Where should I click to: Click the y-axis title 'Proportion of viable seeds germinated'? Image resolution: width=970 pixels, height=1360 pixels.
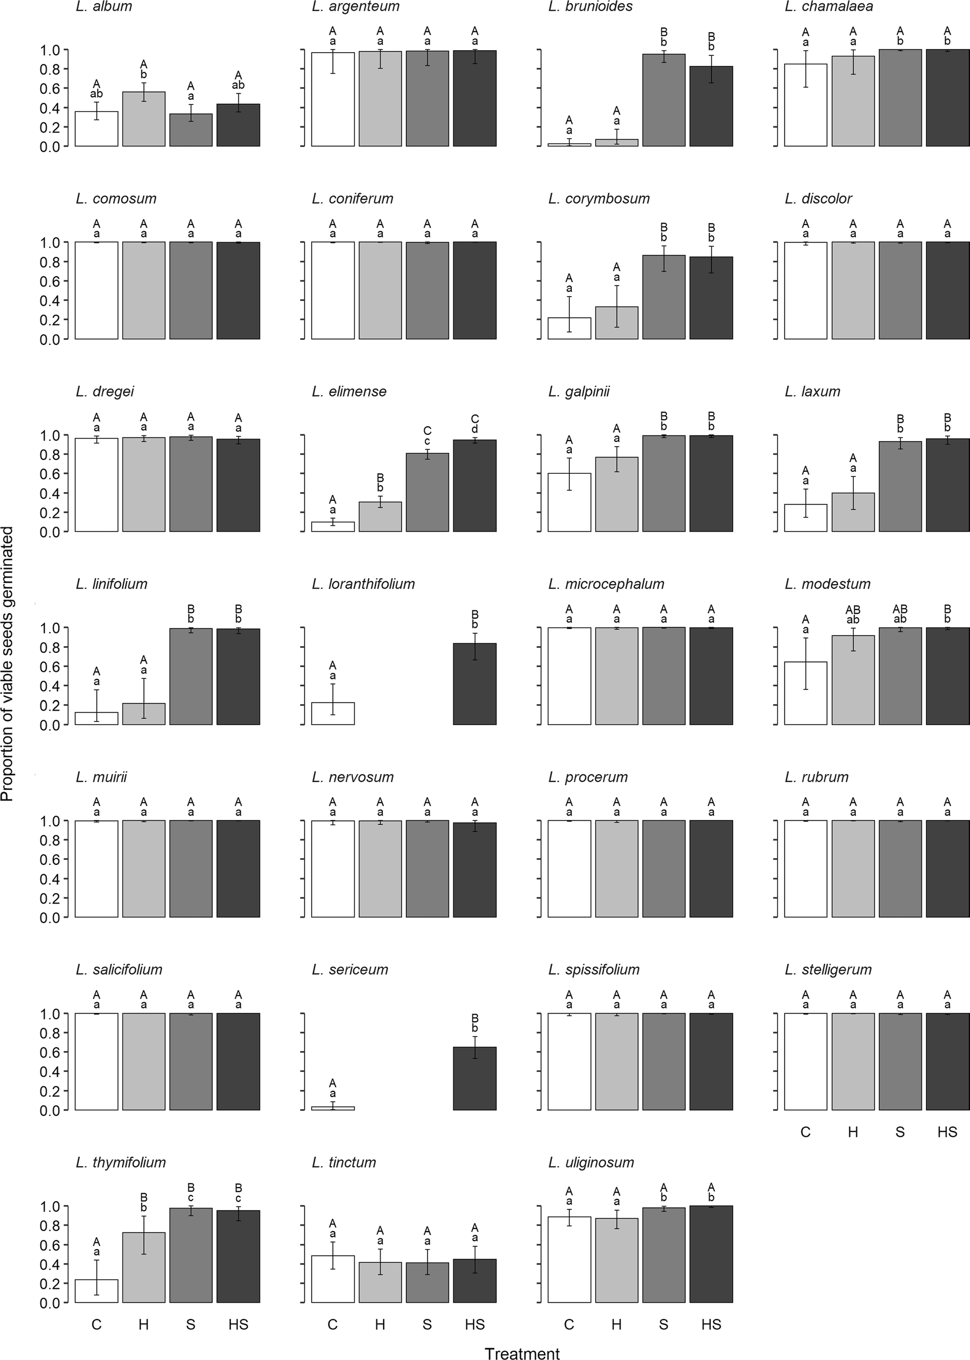point(8,664)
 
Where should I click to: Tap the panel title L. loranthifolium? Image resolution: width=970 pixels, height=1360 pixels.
point(363,584)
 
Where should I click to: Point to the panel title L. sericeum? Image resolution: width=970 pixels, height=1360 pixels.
point(350,970)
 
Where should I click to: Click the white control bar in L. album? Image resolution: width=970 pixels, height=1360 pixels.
point(96,129)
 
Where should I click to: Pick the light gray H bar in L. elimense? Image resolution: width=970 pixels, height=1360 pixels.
point(380,517)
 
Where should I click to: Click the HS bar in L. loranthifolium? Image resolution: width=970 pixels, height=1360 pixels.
point(474,684)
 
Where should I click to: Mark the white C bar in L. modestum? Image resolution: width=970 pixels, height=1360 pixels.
point(805,693)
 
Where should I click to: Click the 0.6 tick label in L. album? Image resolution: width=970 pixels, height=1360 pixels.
point(50,89)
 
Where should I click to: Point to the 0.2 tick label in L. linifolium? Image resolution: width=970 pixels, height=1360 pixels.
point(50,706)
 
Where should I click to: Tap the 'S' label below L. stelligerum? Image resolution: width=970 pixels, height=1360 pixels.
point(899,1132)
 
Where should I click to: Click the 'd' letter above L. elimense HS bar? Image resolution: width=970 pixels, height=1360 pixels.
point(474,429)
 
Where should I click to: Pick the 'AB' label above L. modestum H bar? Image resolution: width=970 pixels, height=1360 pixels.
point(853,610)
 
